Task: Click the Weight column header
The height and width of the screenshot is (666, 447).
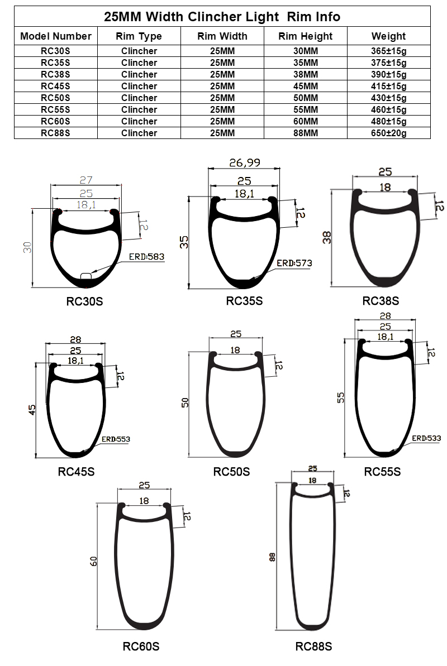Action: [388, 36]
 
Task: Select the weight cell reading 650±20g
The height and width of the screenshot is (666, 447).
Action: [388, 133]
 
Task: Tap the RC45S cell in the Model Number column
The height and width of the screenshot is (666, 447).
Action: [56, 86]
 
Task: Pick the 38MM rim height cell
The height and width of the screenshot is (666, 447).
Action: [306, 74]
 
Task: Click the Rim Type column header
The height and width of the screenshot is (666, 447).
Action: [139, 36]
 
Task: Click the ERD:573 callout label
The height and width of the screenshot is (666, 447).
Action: [294, 263]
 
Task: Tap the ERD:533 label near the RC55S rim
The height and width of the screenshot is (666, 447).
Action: [426, 438]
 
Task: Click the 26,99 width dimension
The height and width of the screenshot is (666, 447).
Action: [244, 163]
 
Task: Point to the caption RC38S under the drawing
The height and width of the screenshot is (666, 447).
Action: [381, 301]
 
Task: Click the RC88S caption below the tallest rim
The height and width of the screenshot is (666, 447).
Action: [313, 646]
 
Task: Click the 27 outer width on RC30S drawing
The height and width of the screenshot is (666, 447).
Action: [85, 180]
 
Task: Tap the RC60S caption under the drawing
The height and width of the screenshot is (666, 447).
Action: [141, 646]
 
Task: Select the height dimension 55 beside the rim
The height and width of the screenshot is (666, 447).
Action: [341, 397]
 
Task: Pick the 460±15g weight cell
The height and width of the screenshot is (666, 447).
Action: [388, 109]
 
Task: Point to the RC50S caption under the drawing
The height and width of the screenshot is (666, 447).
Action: [231, 472]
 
